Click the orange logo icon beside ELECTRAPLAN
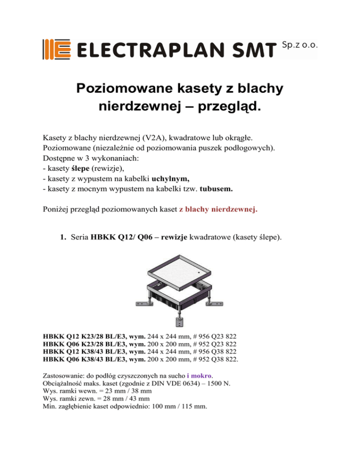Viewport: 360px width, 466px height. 57,49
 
